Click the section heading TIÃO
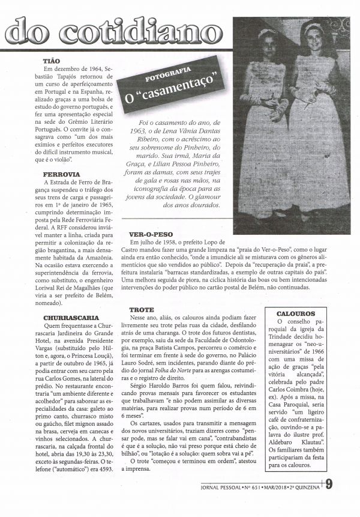point(51,61)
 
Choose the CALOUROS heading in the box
point(296,313)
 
